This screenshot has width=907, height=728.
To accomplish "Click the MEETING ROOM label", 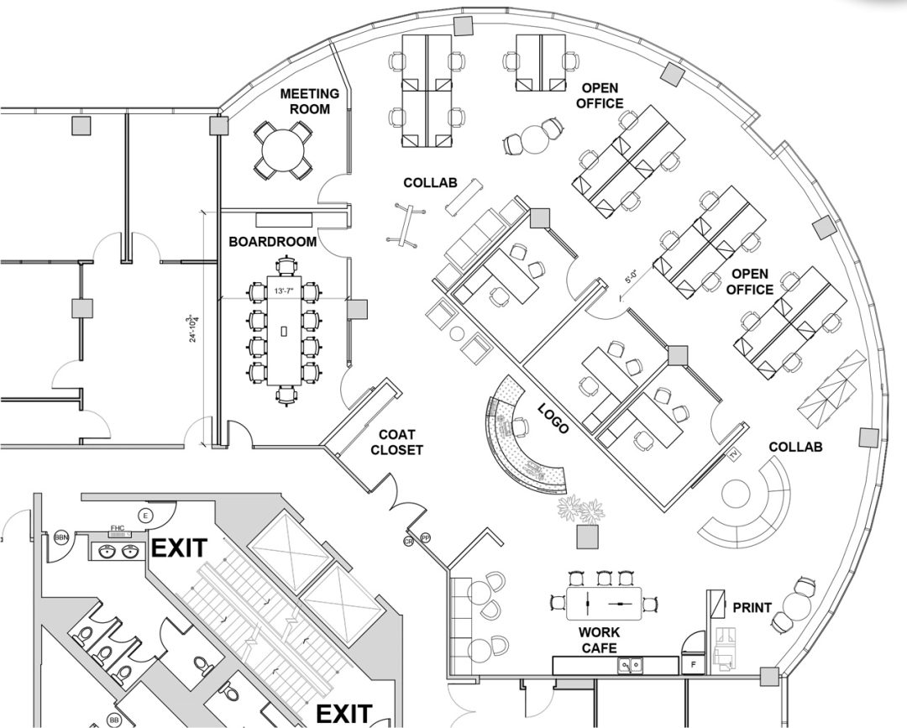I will [309, 101].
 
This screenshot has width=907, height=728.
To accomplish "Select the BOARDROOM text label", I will [273, 242].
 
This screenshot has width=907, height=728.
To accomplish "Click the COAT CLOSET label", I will [400, 442].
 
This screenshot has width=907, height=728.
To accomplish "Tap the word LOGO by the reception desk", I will [553, 417].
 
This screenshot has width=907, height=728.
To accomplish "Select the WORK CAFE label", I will [600, 640].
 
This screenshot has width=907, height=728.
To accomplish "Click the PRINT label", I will [752, 607].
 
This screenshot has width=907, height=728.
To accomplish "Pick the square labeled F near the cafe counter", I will [693, 664].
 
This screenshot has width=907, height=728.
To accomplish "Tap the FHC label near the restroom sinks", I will [118, 530].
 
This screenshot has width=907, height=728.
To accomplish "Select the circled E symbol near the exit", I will [146, 515].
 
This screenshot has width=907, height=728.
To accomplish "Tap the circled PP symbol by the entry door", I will [425, 537].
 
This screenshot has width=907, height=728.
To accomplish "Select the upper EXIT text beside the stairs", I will [178, 549].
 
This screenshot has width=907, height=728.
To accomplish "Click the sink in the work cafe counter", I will [630, 665].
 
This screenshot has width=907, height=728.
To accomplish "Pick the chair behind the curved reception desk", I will [520, 427].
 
